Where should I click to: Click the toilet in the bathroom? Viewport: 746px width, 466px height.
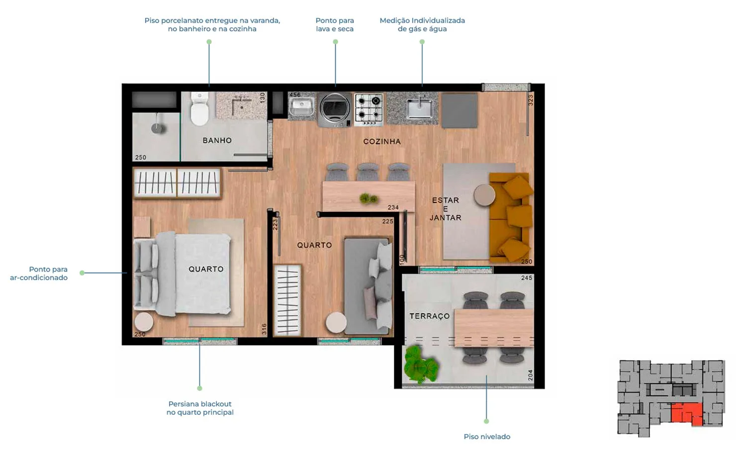(x=199, y=109)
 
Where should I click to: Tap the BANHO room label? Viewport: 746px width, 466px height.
(x=217, y=141)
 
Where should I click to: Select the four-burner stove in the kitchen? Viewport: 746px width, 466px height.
(x=369, y=109)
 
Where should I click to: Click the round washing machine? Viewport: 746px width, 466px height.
(x=335, y=109)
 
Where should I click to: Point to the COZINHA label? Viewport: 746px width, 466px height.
(x=382, y=142)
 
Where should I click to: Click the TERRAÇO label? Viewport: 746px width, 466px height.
(x=430, y=316)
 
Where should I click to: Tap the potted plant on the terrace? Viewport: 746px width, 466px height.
(x=421, y=365)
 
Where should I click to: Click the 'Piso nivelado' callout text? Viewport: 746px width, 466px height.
(x=487, y=437)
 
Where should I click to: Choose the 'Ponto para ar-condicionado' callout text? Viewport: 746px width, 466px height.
(x=39, y=274)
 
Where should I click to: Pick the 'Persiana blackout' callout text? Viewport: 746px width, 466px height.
(x=200, y=404)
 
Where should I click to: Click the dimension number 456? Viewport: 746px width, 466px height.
(x=295, y=95)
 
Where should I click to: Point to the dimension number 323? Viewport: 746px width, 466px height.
(x=531, y=100)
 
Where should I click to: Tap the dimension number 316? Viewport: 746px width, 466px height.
(x=264, y=329)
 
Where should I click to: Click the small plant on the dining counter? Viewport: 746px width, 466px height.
(x=369, y=198)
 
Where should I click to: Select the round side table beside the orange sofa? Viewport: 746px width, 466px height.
(x=484, y=195)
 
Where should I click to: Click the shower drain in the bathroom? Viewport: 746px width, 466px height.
(x=158, y=128)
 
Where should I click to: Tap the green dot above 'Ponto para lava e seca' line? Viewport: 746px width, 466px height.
(x=335, y=42)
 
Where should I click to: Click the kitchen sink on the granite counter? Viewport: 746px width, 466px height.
(x=420, y=108)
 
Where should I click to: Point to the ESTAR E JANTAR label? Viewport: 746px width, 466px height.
(x=446, y=209)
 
